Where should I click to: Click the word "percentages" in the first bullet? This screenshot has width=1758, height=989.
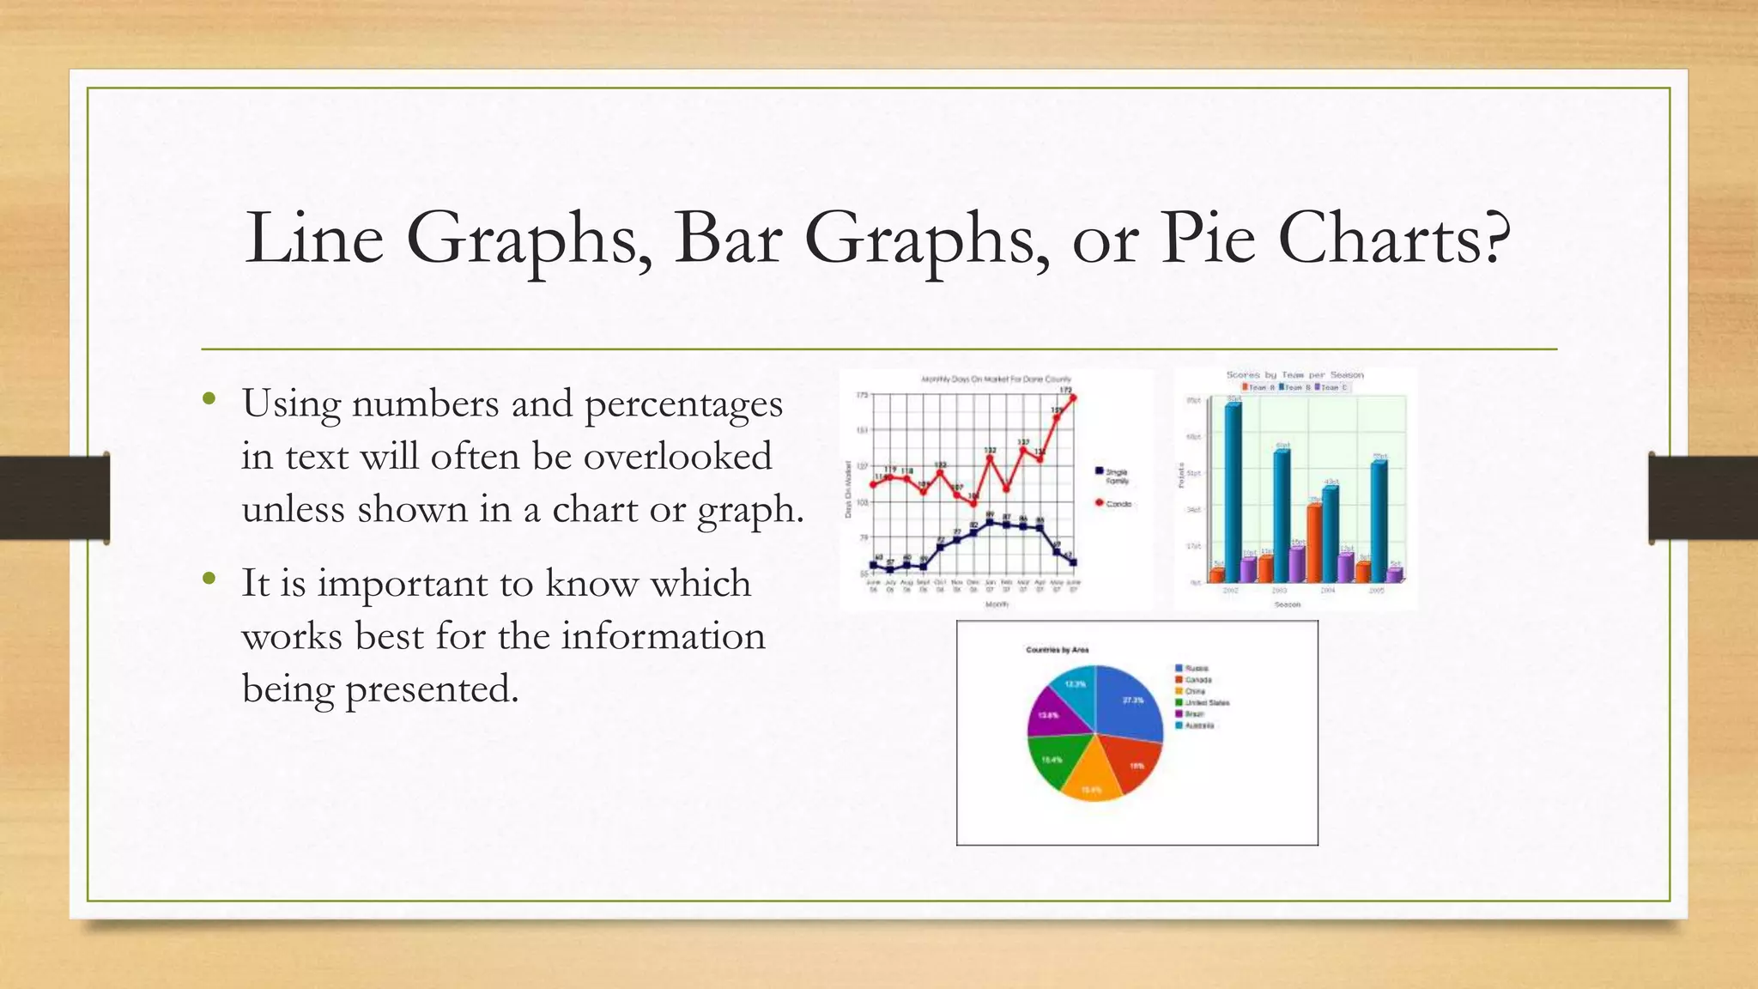tap(683, 404)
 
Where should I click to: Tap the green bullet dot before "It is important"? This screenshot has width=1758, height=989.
tap(209, 579)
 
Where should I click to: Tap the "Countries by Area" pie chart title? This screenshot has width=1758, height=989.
tap(1057, 650)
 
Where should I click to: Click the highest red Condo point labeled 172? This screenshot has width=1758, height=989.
tap(1073, 397)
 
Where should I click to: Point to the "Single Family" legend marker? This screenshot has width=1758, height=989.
tap(1100, 470)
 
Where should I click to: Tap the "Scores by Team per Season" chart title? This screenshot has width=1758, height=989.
tap(1294, 375)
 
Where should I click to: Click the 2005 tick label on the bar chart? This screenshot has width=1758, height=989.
tap(1376, 592)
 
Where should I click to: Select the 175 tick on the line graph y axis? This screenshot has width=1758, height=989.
tap(863, 395)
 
